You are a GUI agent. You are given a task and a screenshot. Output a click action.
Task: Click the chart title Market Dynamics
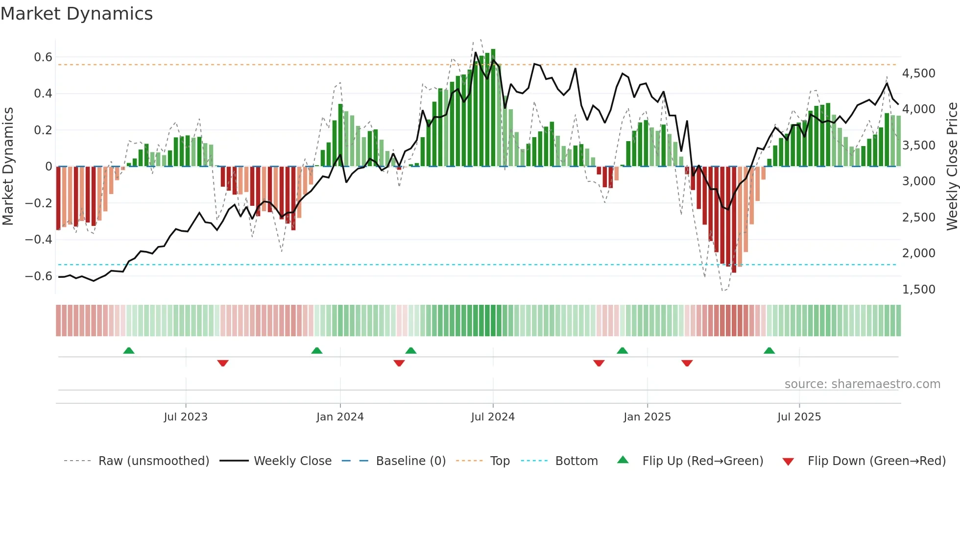[x=76, y=14]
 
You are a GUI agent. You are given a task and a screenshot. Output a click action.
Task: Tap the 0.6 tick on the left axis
[x=43, y=57]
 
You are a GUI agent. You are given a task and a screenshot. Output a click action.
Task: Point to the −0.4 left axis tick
[x=39, y=240]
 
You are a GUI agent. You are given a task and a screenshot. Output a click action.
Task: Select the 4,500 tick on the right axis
[x=918, y=74]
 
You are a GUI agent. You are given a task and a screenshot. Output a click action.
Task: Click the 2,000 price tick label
[x=918, y=253]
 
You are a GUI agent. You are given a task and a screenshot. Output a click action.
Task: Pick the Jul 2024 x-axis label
[x=493, y=417]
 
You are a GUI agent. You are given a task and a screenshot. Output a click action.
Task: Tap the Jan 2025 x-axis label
[x=647, y=417]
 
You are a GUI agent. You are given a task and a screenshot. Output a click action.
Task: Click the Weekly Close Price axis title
[x=952, y=166]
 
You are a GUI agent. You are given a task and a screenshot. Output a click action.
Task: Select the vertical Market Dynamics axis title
[x=8, y=166]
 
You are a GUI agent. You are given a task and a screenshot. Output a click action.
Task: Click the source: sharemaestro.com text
[x=862, y=384]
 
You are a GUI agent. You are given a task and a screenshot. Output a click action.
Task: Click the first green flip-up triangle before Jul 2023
[x=129, y=351]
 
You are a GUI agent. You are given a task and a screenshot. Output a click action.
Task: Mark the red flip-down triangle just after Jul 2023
[x=223, y=363]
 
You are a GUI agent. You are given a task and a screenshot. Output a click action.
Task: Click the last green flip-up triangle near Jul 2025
[x=769, y=351]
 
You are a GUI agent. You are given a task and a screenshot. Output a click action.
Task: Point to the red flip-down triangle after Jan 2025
[x=687, y=363]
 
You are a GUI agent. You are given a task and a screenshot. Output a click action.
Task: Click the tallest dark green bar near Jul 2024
[x=493, y=108]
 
